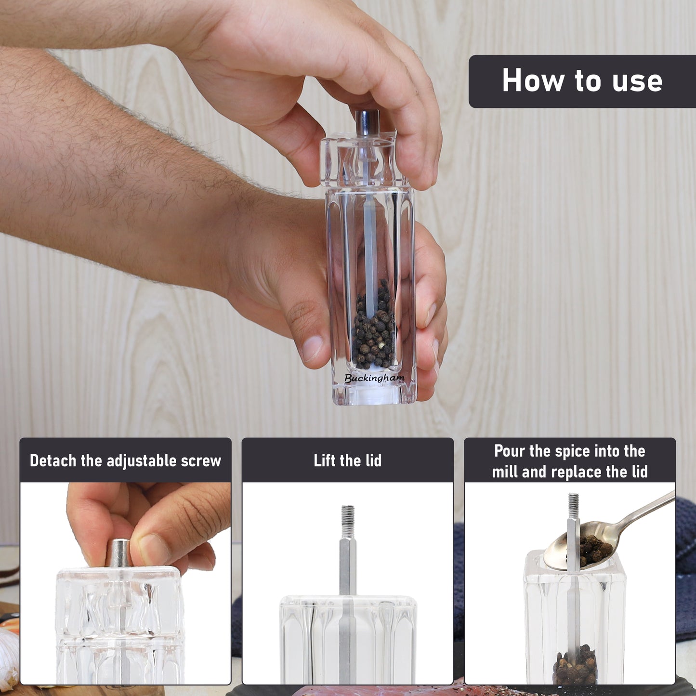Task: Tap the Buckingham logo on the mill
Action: pos(374,378)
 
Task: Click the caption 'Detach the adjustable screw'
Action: pos(125,461)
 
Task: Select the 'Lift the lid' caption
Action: pos(347,460)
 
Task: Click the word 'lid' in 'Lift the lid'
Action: pos(373,460)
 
